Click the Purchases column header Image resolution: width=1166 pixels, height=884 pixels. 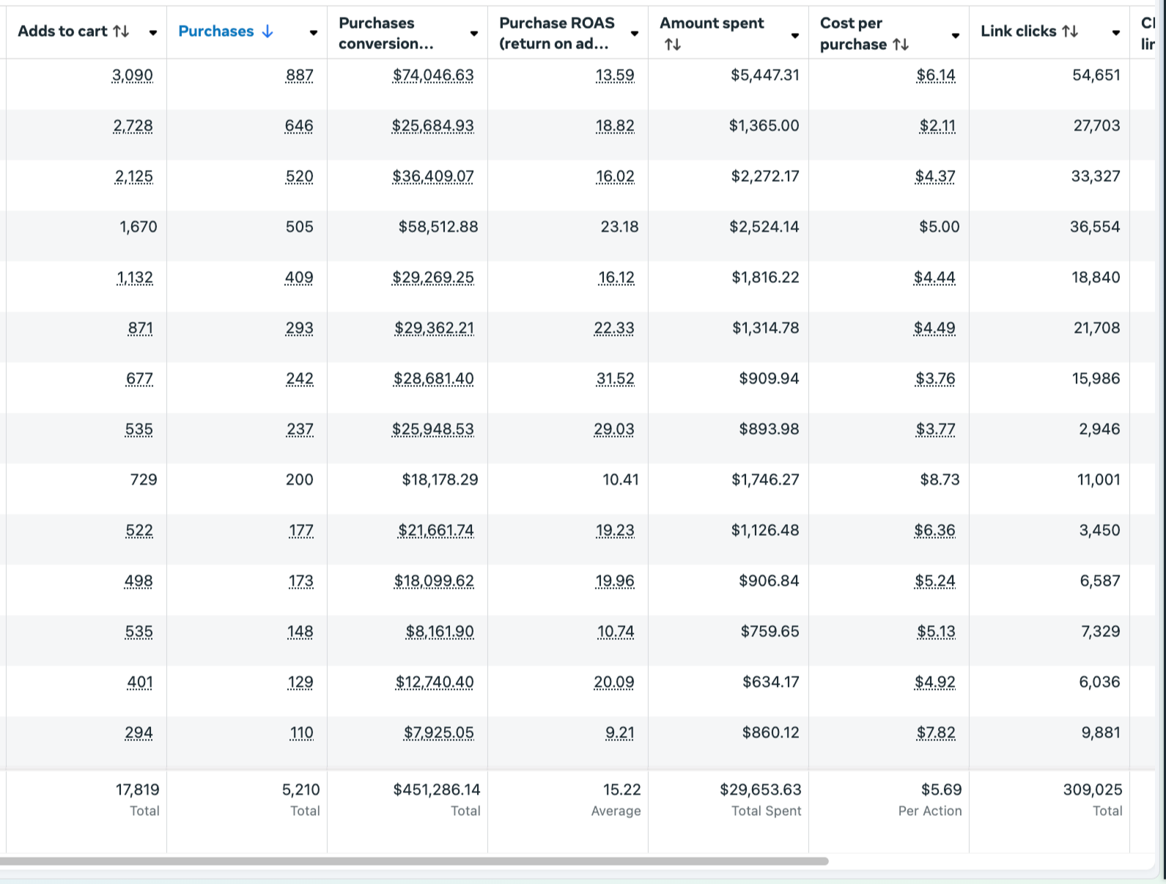[215, 32]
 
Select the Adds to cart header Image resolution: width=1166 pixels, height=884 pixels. [63, 32]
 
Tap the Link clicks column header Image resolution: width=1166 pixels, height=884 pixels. [1018, 32]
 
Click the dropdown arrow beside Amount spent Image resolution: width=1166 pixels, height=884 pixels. [794, 36]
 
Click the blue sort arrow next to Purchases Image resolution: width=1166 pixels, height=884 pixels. [267, 32]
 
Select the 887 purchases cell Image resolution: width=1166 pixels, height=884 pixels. [299, 75]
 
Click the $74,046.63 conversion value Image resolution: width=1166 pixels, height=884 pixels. [433, 75]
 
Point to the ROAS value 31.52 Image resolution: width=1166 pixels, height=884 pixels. [615, 378]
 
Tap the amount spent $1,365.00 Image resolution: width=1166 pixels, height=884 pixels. [764, 125]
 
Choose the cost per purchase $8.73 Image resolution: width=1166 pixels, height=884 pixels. [940, 479]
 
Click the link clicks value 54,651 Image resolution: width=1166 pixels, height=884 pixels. [1096, 75]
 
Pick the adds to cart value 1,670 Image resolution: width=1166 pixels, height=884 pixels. [138, 226]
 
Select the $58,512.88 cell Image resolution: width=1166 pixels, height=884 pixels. [438, 226]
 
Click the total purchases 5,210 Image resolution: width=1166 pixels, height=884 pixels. [300, 789]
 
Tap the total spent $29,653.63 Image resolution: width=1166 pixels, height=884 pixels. [760, 789]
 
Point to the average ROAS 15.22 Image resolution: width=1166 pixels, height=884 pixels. [621, 789]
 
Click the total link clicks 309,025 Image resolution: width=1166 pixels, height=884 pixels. [1092, 789]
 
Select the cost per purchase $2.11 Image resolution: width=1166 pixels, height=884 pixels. [937, 125]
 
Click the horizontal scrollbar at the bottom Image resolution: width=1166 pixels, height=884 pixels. [414, 861]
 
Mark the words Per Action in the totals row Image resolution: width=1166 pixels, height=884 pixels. [929, 811]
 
